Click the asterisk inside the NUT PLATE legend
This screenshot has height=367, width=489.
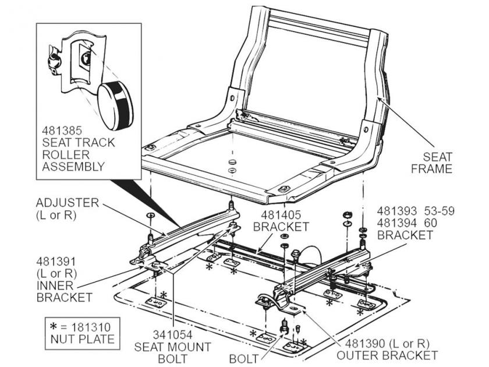point(55,326)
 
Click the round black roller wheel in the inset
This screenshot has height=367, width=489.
point(115,105)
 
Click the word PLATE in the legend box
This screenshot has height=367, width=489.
point(95,338)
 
